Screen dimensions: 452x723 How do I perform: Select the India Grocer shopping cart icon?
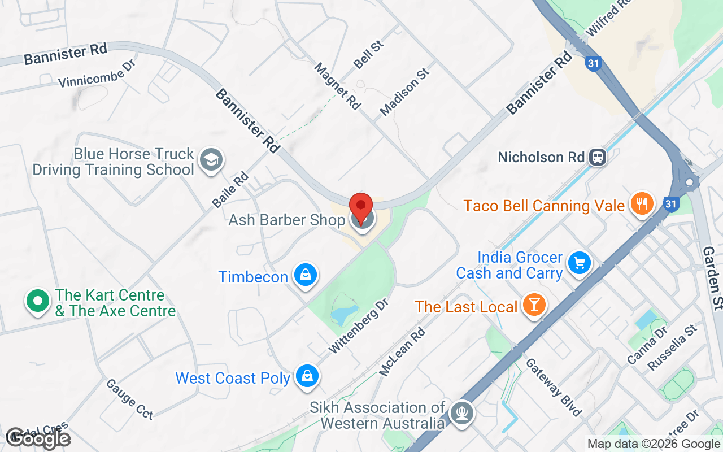579,263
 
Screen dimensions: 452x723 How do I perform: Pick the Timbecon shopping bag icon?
305,275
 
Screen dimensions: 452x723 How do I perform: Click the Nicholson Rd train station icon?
597,157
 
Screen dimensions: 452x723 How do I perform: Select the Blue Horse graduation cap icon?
212,160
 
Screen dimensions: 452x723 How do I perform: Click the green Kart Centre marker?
37,301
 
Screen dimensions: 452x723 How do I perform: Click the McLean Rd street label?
402,352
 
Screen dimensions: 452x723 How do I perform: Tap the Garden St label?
712,277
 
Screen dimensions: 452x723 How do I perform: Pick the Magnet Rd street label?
337,86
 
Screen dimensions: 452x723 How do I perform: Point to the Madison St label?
404,92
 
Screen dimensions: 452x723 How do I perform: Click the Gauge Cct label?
129,399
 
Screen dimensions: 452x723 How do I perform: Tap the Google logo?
38,438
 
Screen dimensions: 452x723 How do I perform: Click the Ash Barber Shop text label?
286,220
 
